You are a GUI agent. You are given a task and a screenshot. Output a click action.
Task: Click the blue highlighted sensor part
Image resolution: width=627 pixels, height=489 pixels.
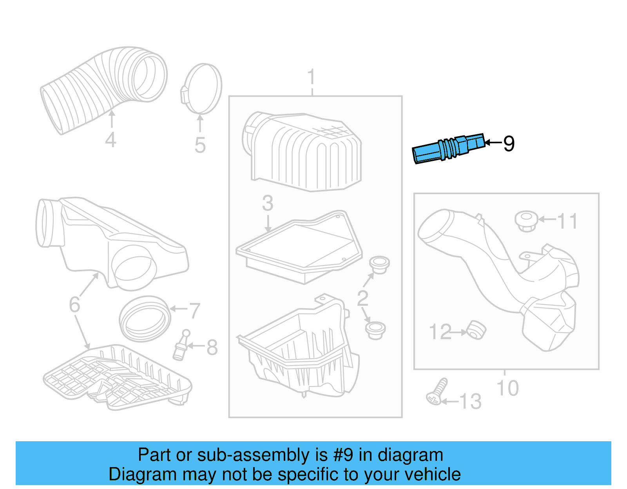[x=448, y=149]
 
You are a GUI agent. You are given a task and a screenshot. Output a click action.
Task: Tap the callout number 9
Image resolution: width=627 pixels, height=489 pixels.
[x=508, y=144]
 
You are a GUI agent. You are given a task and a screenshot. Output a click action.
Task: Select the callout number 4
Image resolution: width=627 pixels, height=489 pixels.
[x=111, y=140]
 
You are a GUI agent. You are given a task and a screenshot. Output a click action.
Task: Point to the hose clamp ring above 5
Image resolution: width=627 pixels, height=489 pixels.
[x=202, y=88]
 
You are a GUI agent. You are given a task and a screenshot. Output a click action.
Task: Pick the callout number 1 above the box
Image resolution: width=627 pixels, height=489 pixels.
[x=312, y=77]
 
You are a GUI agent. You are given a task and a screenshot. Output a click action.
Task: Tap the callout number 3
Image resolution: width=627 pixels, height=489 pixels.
[x=268, y=203]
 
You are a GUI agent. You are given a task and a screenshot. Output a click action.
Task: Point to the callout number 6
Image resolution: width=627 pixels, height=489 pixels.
[x=74, y=304]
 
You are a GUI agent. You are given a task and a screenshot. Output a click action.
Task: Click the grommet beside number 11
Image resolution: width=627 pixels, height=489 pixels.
[x=526, y=221]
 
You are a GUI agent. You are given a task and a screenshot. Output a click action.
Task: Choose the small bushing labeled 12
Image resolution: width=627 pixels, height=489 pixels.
[x=477, y=330]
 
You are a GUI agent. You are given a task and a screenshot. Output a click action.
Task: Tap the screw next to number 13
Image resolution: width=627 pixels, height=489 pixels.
[x=437, y=392]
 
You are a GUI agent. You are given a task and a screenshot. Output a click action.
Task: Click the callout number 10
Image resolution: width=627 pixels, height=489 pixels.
[x=507, y=388]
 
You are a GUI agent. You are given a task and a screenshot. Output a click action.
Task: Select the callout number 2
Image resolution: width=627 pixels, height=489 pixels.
[x=362, y=299]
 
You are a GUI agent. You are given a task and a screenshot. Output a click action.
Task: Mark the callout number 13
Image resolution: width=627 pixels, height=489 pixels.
[x=470, y=402]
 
